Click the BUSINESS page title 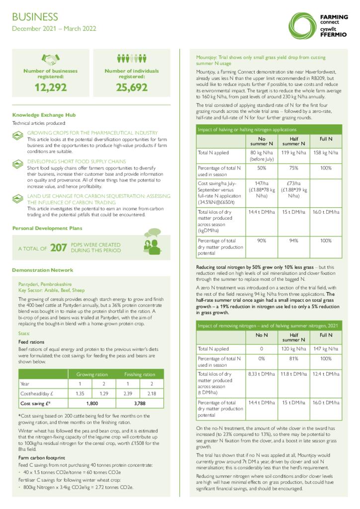pos(35,17)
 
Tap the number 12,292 pos(50,88)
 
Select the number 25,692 pos(132,88)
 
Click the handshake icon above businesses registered pos(50,60)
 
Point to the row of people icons pos(132,59)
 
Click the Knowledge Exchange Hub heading pos(44,114)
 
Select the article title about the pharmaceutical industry pos(92,133)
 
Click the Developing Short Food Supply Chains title pos(76,162)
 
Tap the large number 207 pos(59,248)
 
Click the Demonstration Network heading pos(42,270)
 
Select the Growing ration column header pos(91,374)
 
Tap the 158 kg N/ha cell pos(326,153)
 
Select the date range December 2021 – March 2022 pos(54,29)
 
